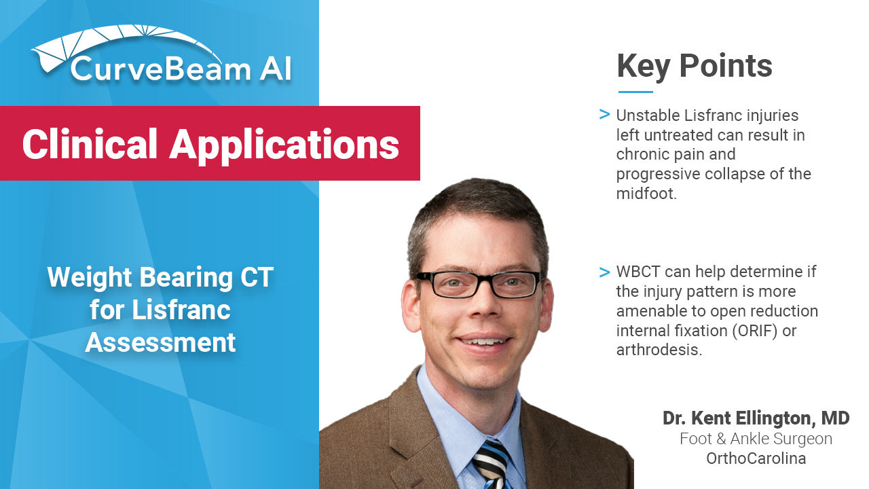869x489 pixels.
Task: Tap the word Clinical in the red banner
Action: tap(90, 144)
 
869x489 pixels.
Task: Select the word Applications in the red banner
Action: tap(284, 145)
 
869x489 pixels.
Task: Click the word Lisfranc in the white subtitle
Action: tap(181, 310)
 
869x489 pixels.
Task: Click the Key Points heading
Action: tap(695, 67)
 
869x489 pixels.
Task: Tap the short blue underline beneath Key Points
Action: tap(635, 92)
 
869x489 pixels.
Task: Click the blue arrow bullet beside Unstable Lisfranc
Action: tap(604, 115)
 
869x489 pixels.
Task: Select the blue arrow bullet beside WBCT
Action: tap(604, 272)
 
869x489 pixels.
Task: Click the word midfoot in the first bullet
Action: tap(646, 194)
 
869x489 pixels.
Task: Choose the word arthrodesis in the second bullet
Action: tap(659, 350)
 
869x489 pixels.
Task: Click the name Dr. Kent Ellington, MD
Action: tap(756, 418)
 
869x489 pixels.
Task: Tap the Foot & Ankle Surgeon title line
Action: tap(756, 439)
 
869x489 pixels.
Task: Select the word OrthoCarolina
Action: tap(756, 458)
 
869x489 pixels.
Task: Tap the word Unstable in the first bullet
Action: tap(648, 115)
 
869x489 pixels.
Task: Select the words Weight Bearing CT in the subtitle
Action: tap(160, 277)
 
